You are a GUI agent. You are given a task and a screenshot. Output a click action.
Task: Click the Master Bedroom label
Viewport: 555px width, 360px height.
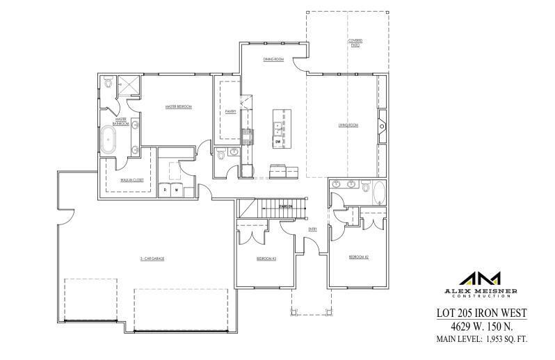(178, 107)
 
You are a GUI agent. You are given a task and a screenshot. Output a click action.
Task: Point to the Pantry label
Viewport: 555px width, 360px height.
(231, 111)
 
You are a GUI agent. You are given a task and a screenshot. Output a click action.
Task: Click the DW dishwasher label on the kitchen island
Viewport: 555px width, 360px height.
(277, 142)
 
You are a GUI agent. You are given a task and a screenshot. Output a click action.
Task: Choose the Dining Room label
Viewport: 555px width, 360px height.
(273, 60)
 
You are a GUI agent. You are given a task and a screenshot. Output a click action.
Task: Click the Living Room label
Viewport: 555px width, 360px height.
(348, 125)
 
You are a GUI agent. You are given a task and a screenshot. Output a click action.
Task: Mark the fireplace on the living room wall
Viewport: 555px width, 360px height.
(381, 126)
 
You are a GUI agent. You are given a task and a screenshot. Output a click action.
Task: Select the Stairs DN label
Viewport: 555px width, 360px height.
(285, 206)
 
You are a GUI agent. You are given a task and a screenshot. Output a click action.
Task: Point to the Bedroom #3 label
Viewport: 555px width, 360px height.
(266, 259)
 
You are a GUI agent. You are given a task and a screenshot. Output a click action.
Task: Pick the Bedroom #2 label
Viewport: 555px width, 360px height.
(358, 257)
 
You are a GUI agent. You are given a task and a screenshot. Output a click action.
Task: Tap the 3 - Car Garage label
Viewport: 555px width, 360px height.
(151, 259)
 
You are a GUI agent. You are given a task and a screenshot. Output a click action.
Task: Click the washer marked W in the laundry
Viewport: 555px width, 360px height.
(176, 189)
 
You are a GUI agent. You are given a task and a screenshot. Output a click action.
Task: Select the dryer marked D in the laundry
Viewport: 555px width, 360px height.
(165, 189)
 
